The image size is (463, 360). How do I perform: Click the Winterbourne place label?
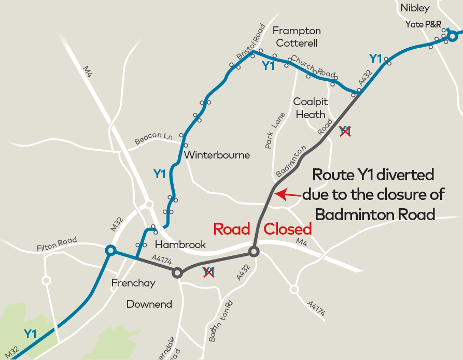[x=217, y=155]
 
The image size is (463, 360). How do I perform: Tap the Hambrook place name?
[x=180, y=244]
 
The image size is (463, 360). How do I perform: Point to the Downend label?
[x=149, y=304]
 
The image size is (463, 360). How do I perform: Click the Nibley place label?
[x=415, y=8]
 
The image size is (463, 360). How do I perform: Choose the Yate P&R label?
[x=423, y=25]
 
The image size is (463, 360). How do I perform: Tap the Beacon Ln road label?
[x=153, y=138]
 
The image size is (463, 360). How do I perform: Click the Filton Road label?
[x=57, y=244]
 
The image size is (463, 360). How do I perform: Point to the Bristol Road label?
[x=250, y=41]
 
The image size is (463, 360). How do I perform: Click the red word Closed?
[x=288, y=229]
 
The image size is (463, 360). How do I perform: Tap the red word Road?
[x=232, y=229]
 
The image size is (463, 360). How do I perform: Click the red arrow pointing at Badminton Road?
[x=287, y=195]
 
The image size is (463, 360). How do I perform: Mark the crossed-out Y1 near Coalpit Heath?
[x=345, y=132]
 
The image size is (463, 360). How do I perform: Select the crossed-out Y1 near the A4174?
[x=208, y=271]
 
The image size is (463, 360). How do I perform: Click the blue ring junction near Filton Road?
[x=110, y=251]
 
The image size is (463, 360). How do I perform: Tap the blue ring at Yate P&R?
[x=453, y=36]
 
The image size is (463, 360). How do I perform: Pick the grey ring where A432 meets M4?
[x=254, y=252]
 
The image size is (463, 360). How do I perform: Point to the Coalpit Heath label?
[x=311, y=108]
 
